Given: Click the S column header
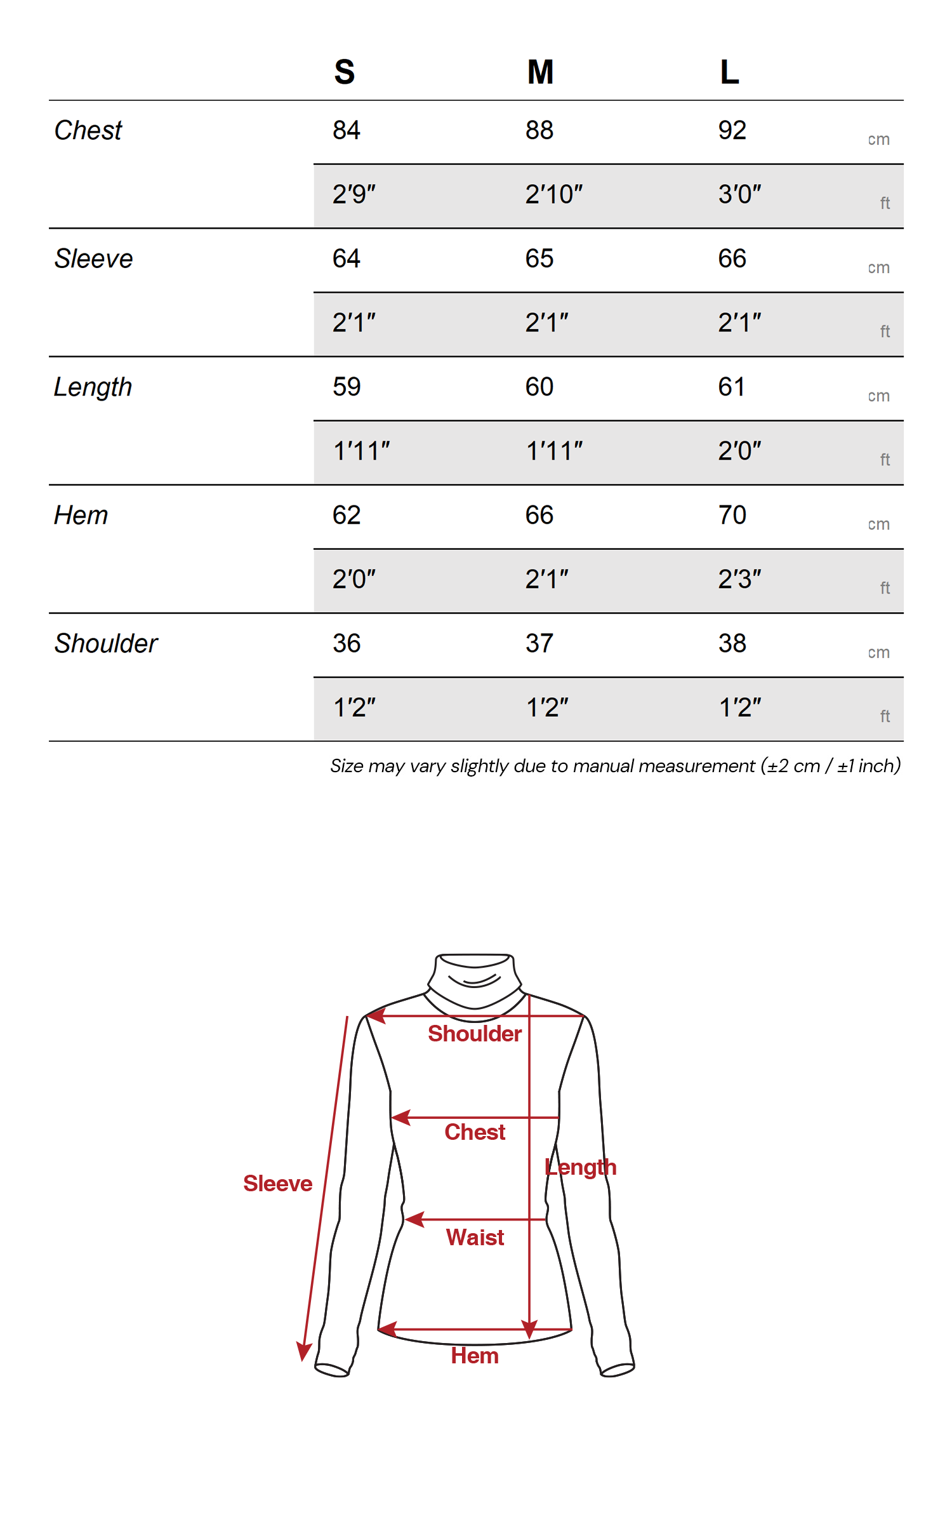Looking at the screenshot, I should pos(345,72).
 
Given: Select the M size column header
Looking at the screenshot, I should pos(540,72).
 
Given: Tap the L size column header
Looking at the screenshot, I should pos(729,72).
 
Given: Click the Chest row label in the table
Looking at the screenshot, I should pos(88,130).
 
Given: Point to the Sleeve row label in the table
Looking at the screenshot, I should pos(93,258).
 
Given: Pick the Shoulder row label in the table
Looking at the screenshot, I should pos(105,643).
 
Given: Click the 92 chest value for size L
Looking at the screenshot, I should pos(732,130).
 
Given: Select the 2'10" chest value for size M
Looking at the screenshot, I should pos(553,194).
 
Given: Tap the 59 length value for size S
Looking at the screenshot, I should pos(347,387).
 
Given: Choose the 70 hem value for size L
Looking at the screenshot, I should pos(732,515).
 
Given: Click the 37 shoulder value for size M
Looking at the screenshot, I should pos(539,643).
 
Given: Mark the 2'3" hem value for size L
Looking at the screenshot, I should pos(739,579).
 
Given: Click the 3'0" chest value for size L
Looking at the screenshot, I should pos(739,194).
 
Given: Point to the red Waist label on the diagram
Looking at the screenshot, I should pos(475,1237).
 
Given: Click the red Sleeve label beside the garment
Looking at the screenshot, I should pos(277,1184).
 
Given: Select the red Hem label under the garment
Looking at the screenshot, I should pos(475,1356).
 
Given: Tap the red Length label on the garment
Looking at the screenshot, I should pos(581,1167).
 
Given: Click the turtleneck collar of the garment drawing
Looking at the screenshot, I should pos(475,978).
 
